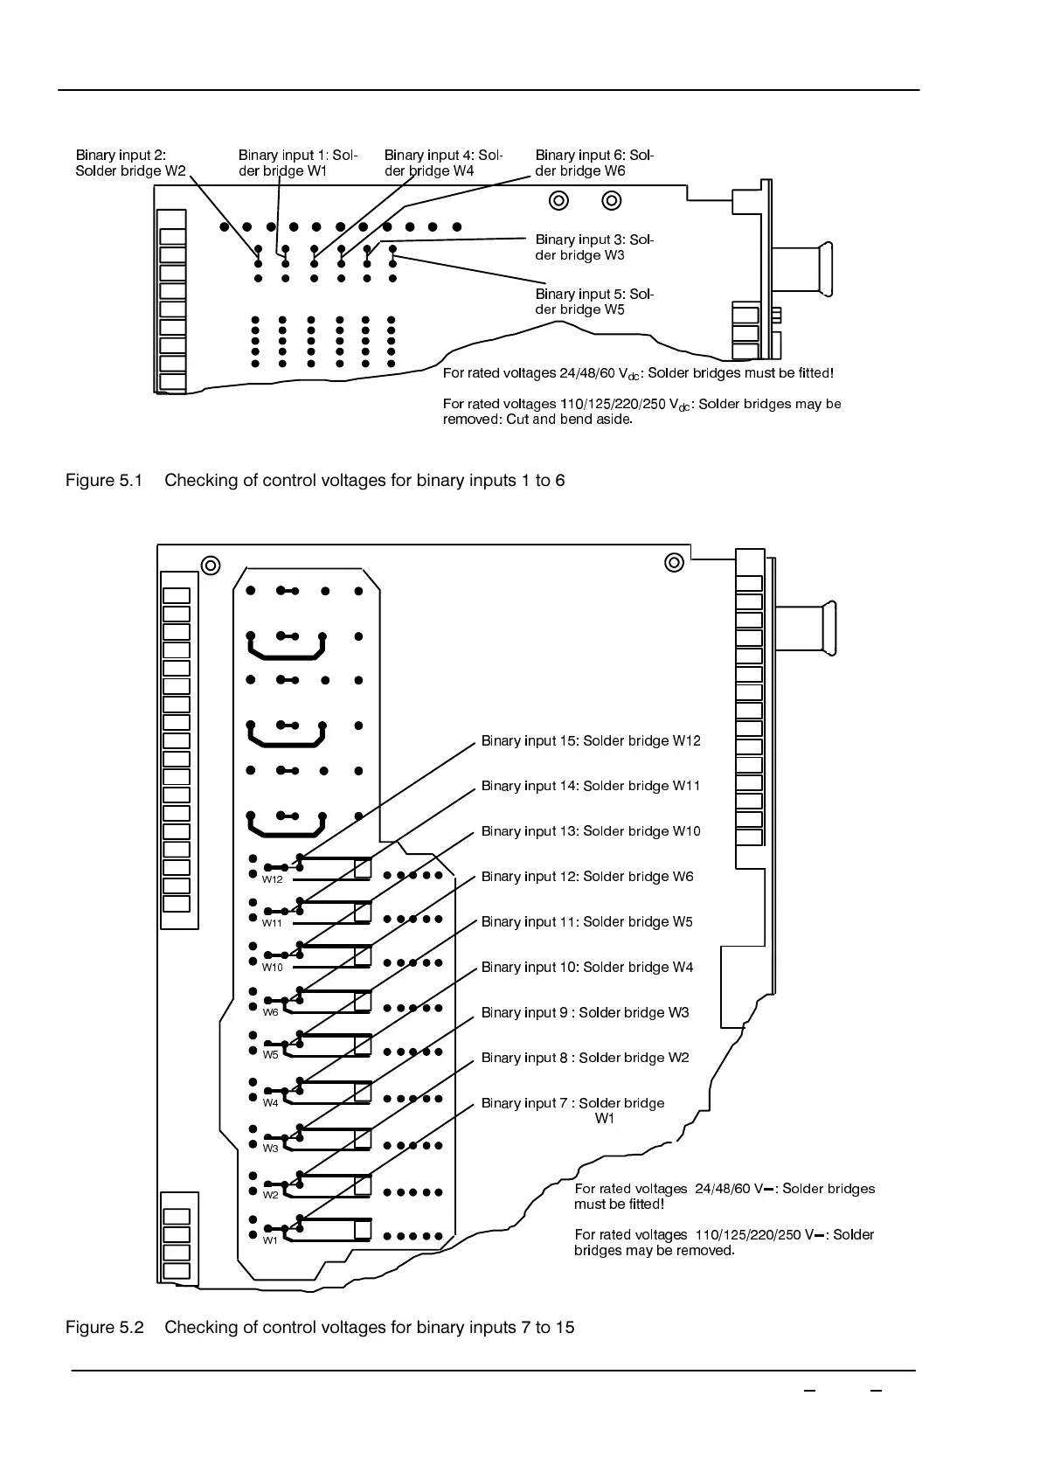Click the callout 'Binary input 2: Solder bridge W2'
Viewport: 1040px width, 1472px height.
[130, 163]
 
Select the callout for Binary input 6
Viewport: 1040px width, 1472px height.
[593, 163]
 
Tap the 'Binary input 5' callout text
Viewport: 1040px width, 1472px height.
[593, 302]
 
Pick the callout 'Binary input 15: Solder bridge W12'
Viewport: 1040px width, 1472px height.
[591, 741]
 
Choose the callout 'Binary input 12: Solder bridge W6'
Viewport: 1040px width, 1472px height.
[587, 877]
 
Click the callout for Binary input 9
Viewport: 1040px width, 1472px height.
[585, 1012]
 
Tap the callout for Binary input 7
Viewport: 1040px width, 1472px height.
[572, 1110]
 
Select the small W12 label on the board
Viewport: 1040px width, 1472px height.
[273, 879]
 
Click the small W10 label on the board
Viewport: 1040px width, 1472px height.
[273, 968]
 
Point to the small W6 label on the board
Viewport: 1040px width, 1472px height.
[271, 1012]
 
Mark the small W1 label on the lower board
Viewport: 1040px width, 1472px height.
[271, 1240]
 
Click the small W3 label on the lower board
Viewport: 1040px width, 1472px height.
[271, 1149]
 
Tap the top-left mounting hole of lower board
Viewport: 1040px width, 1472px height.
[211, 566]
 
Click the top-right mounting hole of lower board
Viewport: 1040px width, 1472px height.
[674, 562]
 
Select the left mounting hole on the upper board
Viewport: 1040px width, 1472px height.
[558, 201]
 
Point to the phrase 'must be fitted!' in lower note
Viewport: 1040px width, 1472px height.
[619, 1205]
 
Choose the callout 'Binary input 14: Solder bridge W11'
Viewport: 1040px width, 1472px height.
[591, 786]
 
